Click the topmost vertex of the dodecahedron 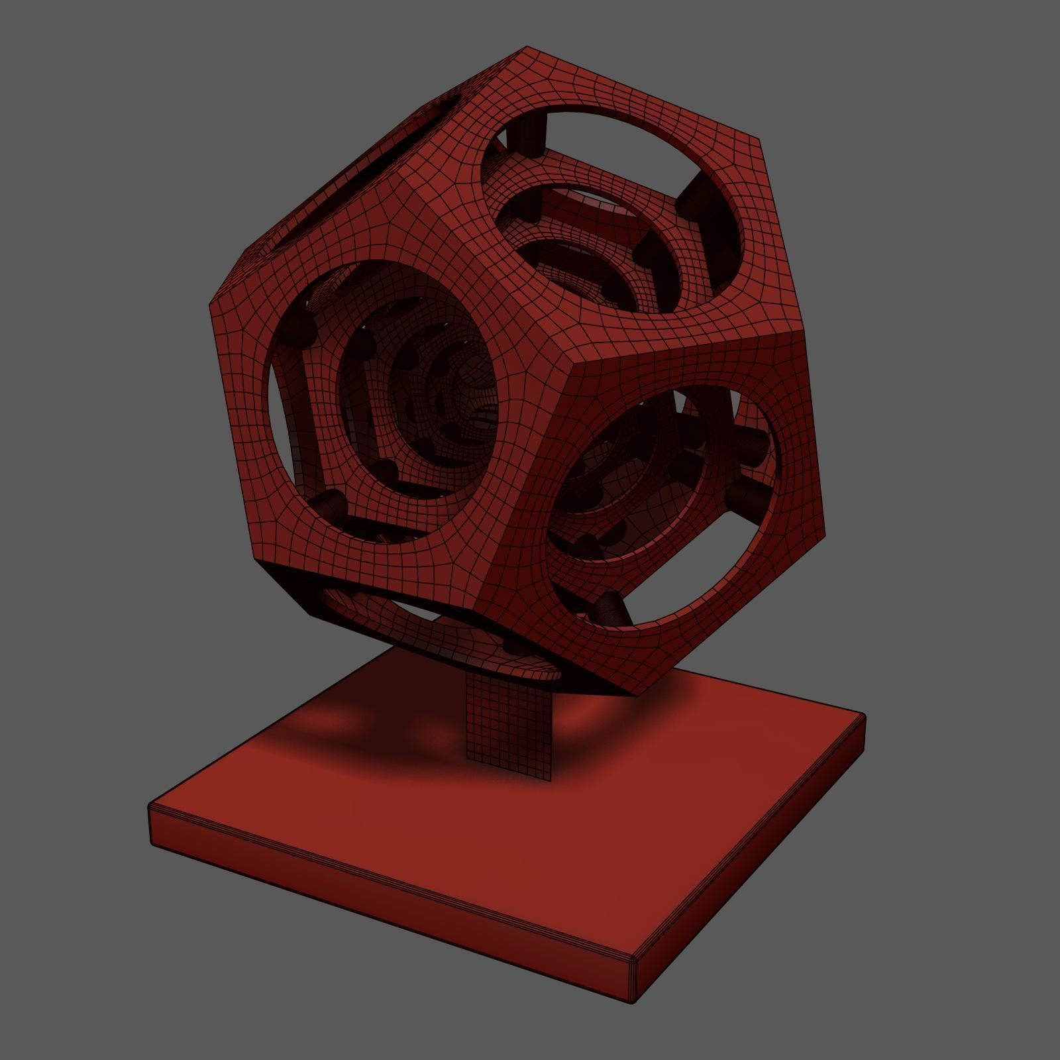527,47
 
